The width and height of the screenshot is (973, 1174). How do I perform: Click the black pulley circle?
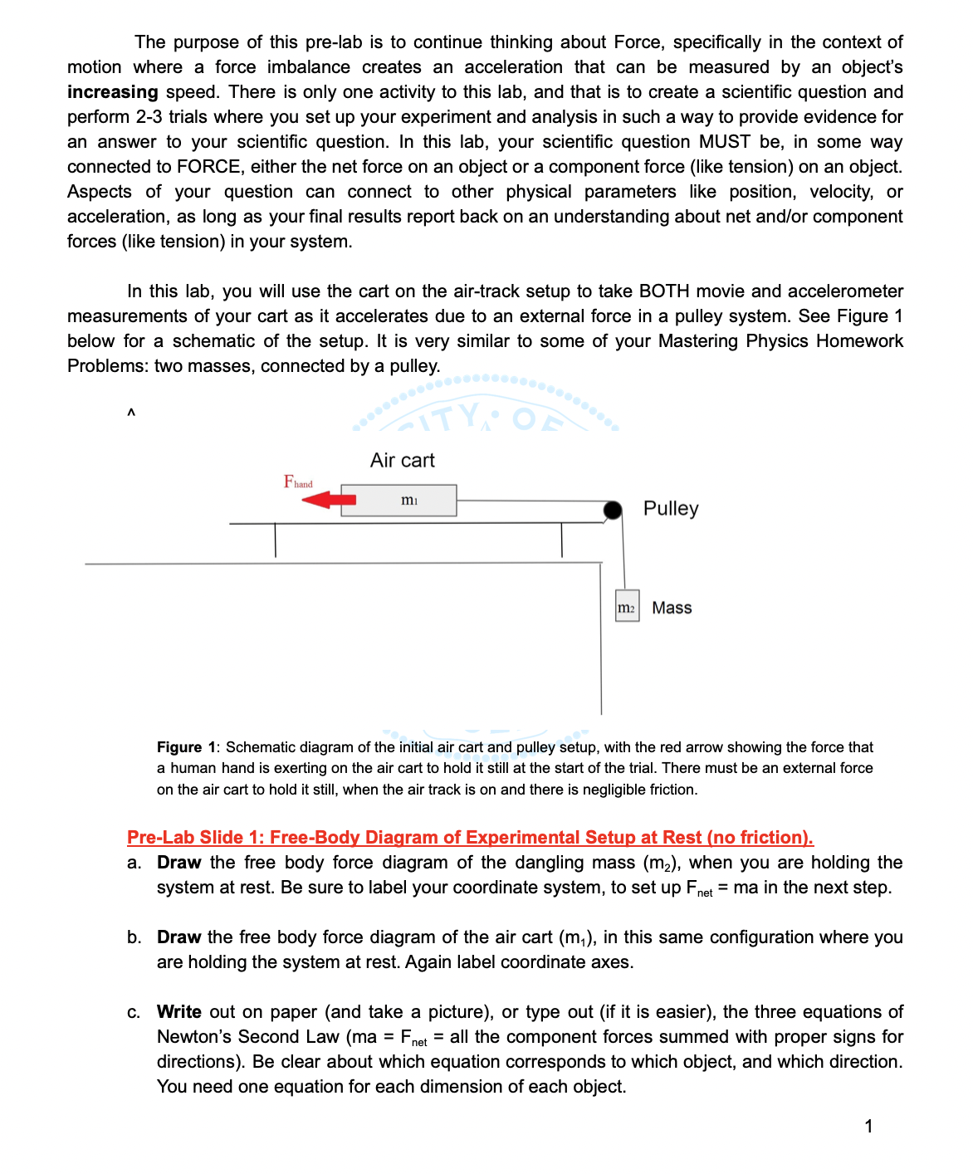pyautogui.click(x=613, y=510)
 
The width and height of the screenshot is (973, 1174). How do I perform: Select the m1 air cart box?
pyautogui.click(x=398, y=500)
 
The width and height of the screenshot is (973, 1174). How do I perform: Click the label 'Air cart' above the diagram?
pyautogui.click(x=402, y=460)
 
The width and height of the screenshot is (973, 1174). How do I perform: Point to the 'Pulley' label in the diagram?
pyautogui.click(x=670, y=508)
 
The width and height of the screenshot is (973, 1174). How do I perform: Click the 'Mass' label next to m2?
pyautogui.click(x=672, y=608)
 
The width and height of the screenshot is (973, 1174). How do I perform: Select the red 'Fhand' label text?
pyautogui.click(x=298, y=482)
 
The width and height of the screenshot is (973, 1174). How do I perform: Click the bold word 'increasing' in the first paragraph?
pyautogui.click(x=112, y=92)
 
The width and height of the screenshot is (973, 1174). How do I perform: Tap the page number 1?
pyautogui.click(x=868, y=1126)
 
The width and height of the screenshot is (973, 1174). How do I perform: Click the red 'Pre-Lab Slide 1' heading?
pyautogui.click(x=470, y=837)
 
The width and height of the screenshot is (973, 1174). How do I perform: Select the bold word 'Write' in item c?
pyautogui.click(x=178, y=1011)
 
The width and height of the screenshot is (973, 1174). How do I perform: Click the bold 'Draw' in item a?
pyautogui.click(x=178, y=862)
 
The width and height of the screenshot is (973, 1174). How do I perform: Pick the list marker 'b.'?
pyautogui.click(x=134, y=937)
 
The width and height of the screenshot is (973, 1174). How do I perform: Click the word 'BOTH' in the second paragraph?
pyautogui.click(x=663, y=291)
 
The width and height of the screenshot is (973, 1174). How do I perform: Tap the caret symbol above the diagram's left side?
pyautogui.click(x=130, y=413)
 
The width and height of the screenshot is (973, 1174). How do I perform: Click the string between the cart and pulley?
pyautogui.click(x=531, y=501)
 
